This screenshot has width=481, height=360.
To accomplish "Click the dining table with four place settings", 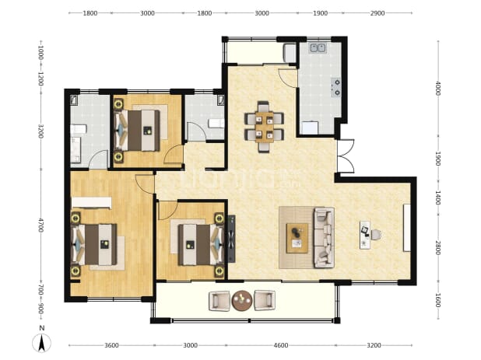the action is (264, 127).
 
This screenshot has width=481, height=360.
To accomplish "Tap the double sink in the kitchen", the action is (318, 48).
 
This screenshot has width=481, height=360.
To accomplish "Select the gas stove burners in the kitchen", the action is (336, 87).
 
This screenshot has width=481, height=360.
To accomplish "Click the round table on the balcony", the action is (242, 301).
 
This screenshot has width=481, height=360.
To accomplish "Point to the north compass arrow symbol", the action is (42, 343).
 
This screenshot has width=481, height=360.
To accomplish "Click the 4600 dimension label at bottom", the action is (281, 345).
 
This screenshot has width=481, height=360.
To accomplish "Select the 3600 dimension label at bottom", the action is (111, 345).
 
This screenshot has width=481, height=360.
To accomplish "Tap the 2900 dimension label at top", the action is (377, 13).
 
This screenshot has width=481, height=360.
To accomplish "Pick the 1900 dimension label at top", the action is (320, 13).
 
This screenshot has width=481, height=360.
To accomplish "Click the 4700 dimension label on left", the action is (40, 225).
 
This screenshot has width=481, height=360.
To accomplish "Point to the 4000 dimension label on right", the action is (437, 88).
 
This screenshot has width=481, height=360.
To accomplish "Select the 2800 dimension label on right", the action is (437, 247).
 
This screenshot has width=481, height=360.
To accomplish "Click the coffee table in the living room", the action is (297, 238).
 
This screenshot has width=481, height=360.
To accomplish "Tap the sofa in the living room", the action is (324, 238).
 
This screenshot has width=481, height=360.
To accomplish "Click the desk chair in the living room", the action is (377, 235).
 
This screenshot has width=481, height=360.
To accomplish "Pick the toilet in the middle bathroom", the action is (216, 124).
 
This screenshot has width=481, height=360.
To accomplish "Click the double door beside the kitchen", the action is (346, 156).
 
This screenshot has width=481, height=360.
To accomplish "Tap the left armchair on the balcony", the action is (219, 301).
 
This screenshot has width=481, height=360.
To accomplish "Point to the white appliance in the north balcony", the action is (290, 54).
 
